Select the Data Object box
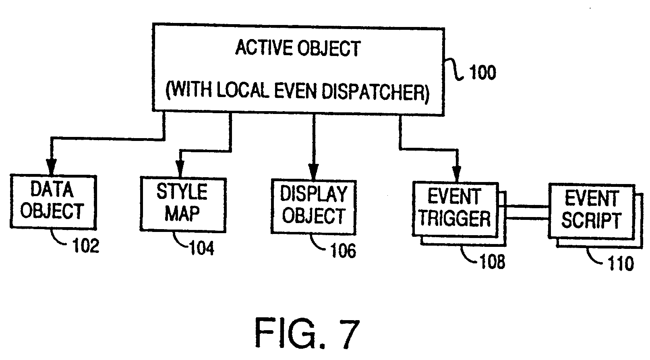tap(53, 201)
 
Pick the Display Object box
tap(314, 207)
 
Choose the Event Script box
tap(591, 211)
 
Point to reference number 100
tap(482, 73)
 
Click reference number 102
tap(85, 245)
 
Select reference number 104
tap(201, 248)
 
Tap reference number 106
tap(343, 250)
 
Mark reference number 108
tap(492, 261)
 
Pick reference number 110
tap(621, 264)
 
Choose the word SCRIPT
tap(591, 221)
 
